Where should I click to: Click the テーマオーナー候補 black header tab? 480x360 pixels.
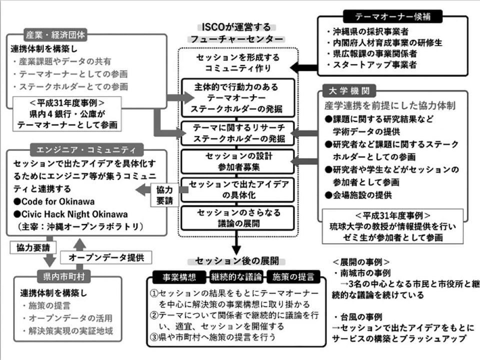point(393,16)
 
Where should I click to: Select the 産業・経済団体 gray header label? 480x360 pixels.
point(55,35)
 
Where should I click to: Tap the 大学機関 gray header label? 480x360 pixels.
point(349,91)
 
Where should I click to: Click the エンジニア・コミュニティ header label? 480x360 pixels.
point(86,149)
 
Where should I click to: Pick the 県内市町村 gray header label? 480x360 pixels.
point(63,276)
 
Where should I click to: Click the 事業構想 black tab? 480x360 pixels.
point(179,277)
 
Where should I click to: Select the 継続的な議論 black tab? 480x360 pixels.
point(236,277)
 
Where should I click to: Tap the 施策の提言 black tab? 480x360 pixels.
point(293,277)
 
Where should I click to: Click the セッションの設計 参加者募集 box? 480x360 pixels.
point(238,161)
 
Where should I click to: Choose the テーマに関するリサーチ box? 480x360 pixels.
point(238,133)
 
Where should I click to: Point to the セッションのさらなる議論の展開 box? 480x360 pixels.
point(238,218)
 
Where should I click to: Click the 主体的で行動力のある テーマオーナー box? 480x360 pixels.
point(238,98)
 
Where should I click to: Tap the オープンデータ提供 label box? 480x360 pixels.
point(106,257)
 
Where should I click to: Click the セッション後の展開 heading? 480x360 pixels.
point(237,261)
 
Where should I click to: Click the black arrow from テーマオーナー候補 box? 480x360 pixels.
point(303,67)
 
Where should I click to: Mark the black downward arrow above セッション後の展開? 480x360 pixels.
point(236,242)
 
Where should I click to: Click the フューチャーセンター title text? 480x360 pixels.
point(236,39)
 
